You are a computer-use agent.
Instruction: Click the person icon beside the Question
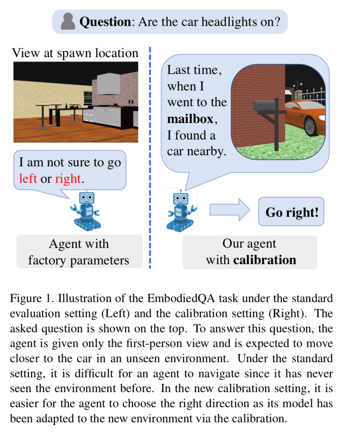click(68, 21)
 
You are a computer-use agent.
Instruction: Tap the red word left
click(28, 179)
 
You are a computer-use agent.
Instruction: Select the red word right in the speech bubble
click(68, 179)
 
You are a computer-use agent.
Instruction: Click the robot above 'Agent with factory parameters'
click(86, 211)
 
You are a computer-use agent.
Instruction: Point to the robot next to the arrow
click(181, 211)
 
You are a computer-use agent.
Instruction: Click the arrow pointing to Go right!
click(230, 210)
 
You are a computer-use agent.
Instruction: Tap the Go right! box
click(291, 212)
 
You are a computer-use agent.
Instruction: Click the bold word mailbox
click(190, 119)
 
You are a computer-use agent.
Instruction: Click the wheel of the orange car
click(311, 126)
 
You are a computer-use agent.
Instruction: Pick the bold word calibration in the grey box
click(265, 260)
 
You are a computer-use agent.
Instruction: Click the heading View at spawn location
click(75, 53)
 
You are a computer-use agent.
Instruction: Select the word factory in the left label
click(47, 260)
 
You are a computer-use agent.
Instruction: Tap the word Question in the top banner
click(105, 22)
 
